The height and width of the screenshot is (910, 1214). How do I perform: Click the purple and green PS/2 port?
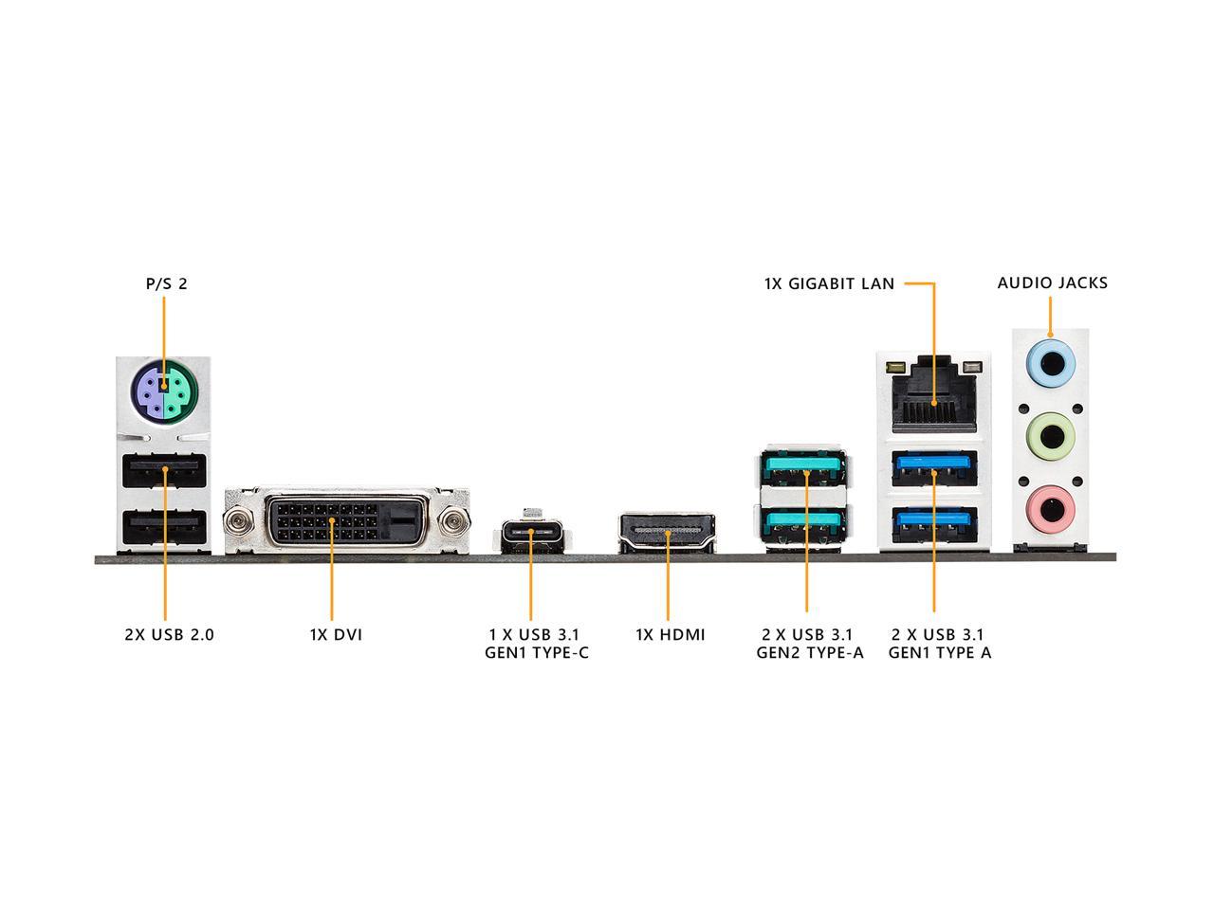(x=163, y=392)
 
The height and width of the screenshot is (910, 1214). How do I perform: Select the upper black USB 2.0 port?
(x=164, y=470)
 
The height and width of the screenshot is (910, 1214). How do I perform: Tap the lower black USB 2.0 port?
(x=164, y=528)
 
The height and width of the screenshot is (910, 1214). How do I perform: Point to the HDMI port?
(x=667, y=532)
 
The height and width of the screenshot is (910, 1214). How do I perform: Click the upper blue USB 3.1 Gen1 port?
(x=934, y=468)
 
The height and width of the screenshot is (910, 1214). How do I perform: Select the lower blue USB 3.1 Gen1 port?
(x=934, y=525)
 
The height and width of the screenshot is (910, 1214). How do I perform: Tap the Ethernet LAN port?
(x=934, y=394)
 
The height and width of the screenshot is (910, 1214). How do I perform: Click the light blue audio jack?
(x=1050, y=364)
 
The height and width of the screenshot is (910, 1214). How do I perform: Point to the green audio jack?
(x=1050, y=436)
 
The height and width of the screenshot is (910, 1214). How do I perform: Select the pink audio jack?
(x=1050, y=509)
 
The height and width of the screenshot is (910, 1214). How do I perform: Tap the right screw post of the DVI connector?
(x=453, y=520)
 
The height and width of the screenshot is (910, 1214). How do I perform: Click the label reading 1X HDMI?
(x=671, y=634)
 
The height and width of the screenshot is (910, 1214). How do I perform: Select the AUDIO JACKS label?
(x=1052, y=282)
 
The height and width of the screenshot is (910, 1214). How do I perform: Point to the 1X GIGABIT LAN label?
(x=829, y=284)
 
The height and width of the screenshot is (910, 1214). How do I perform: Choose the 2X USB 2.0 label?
(x=169, y=634)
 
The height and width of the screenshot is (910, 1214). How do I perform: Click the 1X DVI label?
(x=337, y=634)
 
